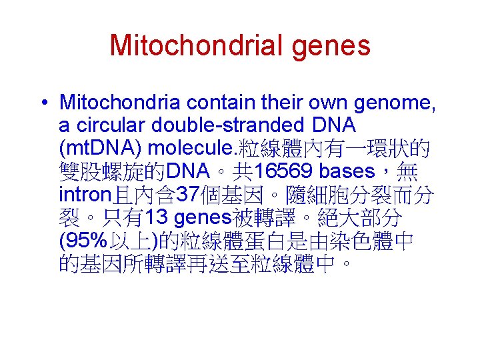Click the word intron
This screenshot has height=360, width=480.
[x=86, y=195]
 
